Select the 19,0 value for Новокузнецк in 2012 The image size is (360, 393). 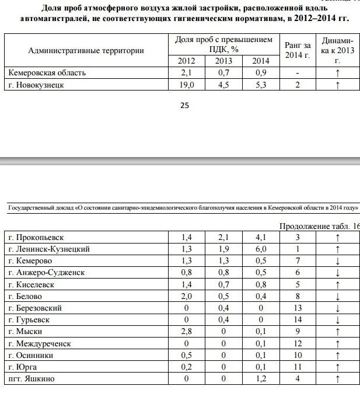coord(187,85)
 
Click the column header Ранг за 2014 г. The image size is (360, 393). coord(298,50)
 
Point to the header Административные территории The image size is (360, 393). coord(86,50)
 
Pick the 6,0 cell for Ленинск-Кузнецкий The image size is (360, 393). coord(260,249)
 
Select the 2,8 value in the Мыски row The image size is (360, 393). coord(187,332)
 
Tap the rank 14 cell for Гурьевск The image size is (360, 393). coord(298,320)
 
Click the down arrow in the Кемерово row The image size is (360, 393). coord(337,261)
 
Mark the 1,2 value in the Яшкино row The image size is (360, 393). coord(260,379)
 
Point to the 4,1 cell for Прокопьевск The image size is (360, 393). coord(260,238)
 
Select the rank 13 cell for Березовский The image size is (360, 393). coord(298,308)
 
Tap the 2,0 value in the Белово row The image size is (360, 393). coord(187,297)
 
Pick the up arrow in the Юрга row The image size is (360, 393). coord(337,367)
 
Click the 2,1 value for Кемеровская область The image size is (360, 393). coord(187,73)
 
